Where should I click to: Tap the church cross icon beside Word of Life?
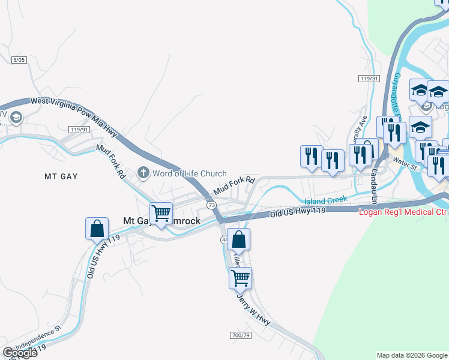pyautogui.click(x=143, y=173)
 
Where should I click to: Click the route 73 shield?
pyautogui.click(x=212, y=205)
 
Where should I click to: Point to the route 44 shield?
pyautogui.click(x=224, y=240)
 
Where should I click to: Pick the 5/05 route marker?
pyautogui.click(x=19, y=60)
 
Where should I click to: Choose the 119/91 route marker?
pyautogui.click(x=79, y=130)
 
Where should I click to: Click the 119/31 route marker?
pyautogui.click(x=370, y=79)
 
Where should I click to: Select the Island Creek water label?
pyautogui.click(x=325, y=200)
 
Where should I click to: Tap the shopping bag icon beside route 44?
pyautogui.click(x=238, y=239)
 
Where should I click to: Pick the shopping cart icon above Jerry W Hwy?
pyautogui.click(x=240, y=278)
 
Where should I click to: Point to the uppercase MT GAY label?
pyautogui.click(x=62, y=176)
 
